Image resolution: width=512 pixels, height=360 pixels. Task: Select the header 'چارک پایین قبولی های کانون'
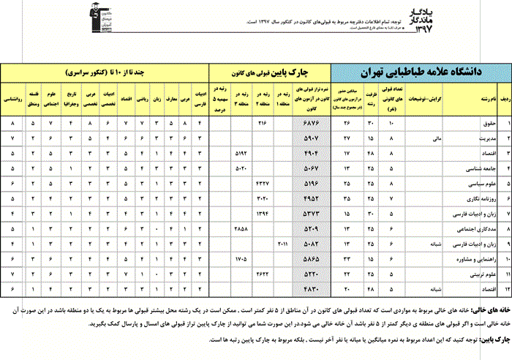pos(270,72)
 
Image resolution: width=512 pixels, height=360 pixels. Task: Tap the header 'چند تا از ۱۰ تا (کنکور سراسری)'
pos(106,72)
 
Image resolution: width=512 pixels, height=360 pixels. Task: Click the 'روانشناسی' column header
pos(13,97)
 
